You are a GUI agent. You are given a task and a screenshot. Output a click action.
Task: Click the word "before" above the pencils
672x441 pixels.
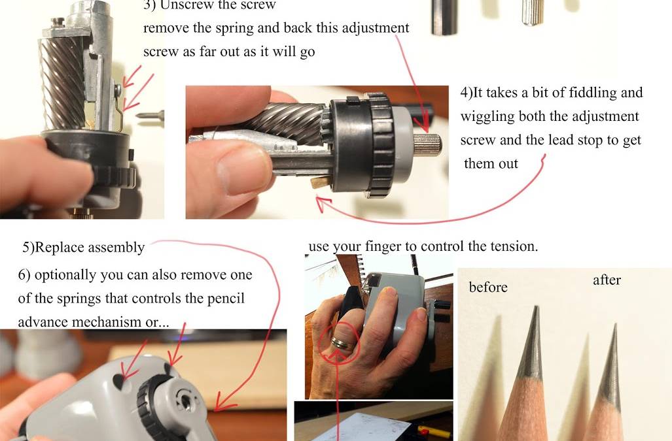[x=488, y=287]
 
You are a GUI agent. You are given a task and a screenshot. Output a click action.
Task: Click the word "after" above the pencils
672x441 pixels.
[x=607, y=280]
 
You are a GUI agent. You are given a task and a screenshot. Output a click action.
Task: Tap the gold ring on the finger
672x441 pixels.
[x=343, y=342]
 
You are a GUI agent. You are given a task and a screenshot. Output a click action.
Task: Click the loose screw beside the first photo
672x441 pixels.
[x=150, y=115]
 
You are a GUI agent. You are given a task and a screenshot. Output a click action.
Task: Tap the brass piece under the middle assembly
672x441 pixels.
[x=319, y=183]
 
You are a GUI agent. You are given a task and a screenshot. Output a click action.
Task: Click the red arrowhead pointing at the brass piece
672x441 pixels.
[x=323, y=203]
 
